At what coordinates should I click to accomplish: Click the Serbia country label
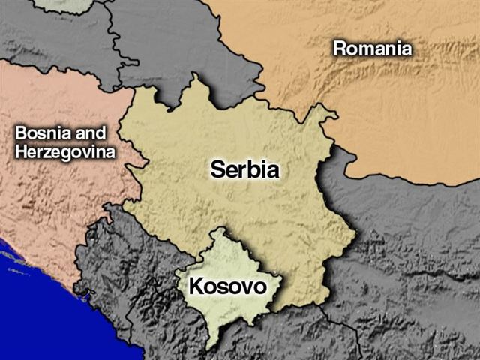click(244, 169)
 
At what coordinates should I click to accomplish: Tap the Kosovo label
click(227, 286)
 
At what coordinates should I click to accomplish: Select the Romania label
click(372, 49)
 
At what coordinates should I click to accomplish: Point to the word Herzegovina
click(64, 152)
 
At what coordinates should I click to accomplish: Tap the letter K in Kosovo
click(196, 286)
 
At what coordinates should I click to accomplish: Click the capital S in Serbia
click(217, 169)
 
